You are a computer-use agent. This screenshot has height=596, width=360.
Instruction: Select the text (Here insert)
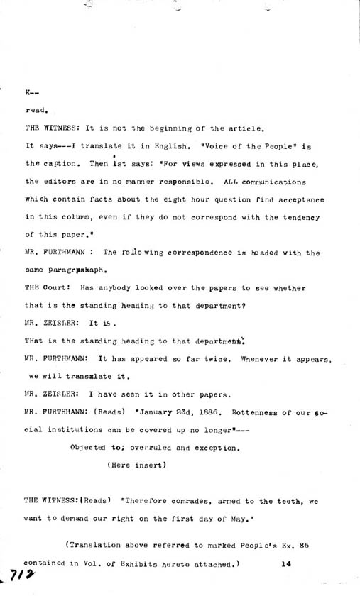(x=136, y=465)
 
